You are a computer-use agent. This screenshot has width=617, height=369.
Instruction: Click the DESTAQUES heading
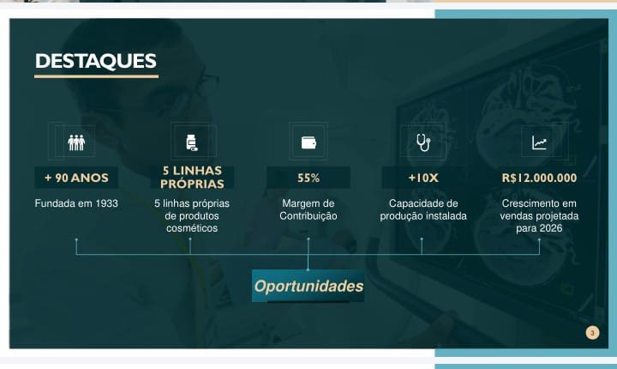pos(96,61)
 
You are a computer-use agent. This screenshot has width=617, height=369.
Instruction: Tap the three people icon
pos(76,142)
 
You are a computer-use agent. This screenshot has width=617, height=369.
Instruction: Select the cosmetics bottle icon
pos(191,142)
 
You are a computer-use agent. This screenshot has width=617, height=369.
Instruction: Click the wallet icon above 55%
pos(308,142)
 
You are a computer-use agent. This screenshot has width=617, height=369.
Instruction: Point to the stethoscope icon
pos(422,142)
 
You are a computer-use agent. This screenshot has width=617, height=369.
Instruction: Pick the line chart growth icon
pos(539,142)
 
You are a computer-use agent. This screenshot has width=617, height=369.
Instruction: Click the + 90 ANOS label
pos(76,178)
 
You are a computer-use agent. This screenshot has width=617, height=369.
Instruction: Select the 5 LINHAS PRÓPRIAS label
pos(192,178)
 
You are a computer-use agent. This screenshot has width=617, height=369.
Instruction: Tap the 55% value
pos(308,178)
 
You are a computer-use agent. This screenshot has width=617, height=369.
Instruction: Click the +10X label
pos(423,178)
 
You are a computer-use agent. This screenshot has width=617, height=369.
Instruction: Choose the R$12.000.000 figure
pos(539,178)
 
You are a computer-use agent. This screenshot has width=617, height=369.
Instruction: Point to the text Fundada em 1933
pos(76,203)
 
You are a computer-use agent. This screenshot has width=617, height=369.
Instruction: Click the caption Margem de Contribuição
pos(308,209)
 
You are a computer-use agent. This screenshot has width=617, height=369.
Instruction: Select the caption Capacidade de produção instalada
pos(423,209)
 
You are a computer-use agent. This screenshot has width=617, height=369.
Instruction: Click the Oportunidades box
pos(308,286)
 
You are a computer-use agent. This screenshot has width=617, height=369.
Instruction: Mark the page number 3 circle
pos(592,332)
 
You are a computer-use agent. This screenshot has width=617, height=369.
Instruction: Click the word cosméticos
pos(192,228)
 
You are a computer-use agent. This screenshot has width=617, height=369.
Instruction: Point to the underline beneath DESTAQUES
pos(96,76)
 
